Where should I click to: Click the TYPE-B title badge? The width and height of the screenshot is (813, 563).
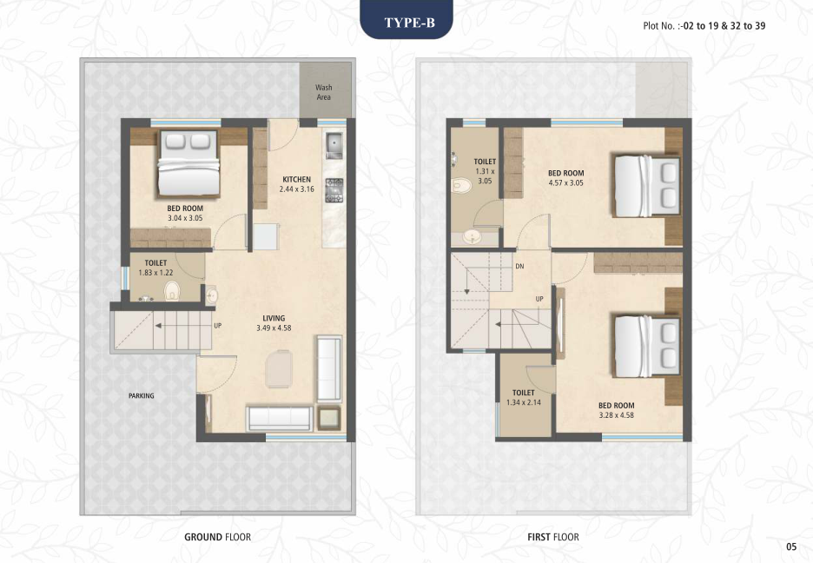pyautogui.click(x=406, y=20)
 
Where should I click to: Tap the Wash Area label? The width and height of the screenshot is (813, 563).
pyautogui.click(x=323, y=92)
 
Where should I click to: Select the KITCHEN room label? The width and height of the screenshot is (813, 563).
pyautogui.click(x=296, y=179)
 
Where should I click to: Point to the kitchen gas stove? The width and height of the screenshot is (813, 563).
pyautogui.click(x=334, y=190)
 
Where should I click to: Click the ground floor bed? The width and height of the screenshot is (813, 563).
pyautogui.click(x=188, y=162)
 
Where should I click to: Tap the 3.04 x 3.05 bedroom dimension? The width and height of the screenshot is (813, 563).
pyautogui.click(x=185, y=218)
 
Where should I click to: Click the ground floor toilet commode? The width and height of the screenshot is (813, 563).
pyautogui.click(x=172, y=291)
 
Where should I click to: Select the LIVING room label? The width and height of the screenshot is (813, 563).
pyautogui.click(x=274, y=318)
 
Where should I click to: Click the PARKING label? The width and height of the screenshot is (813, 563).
pyautogui.click(x=141, y=395)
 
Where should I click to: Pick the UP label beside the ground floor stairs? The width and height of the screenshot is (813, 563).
pyautogui.click(x=218, y=326)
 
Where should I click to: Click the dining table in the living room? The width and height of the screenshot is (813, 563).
pyautogui.click(x=279, y=368)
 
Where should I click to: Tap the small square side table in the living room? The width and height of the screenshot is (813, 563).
pyautogui.click(x=328, y=418)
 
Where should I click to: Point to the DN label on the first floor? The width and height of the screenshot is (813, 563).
pyautogui.click(x=519, y=267)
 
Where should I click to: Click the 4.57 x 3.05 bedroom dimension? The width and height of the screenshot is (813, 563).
pyautogui.click(x=565, y=183)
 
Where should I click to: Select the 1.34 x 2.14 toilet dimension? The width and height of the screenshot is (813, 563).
pyautogui.click(x=523, y=402)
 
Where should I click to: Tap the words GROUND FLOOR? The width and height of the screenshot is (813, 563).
pyautogui.click(x=218, y=537)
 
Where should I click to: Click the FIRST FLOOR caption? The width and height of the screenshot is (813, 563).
pyautogui.click(x=553, y=537)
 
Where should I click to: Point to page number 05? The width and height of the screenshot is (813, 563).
pyautogui.click(x=790, y=546)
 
